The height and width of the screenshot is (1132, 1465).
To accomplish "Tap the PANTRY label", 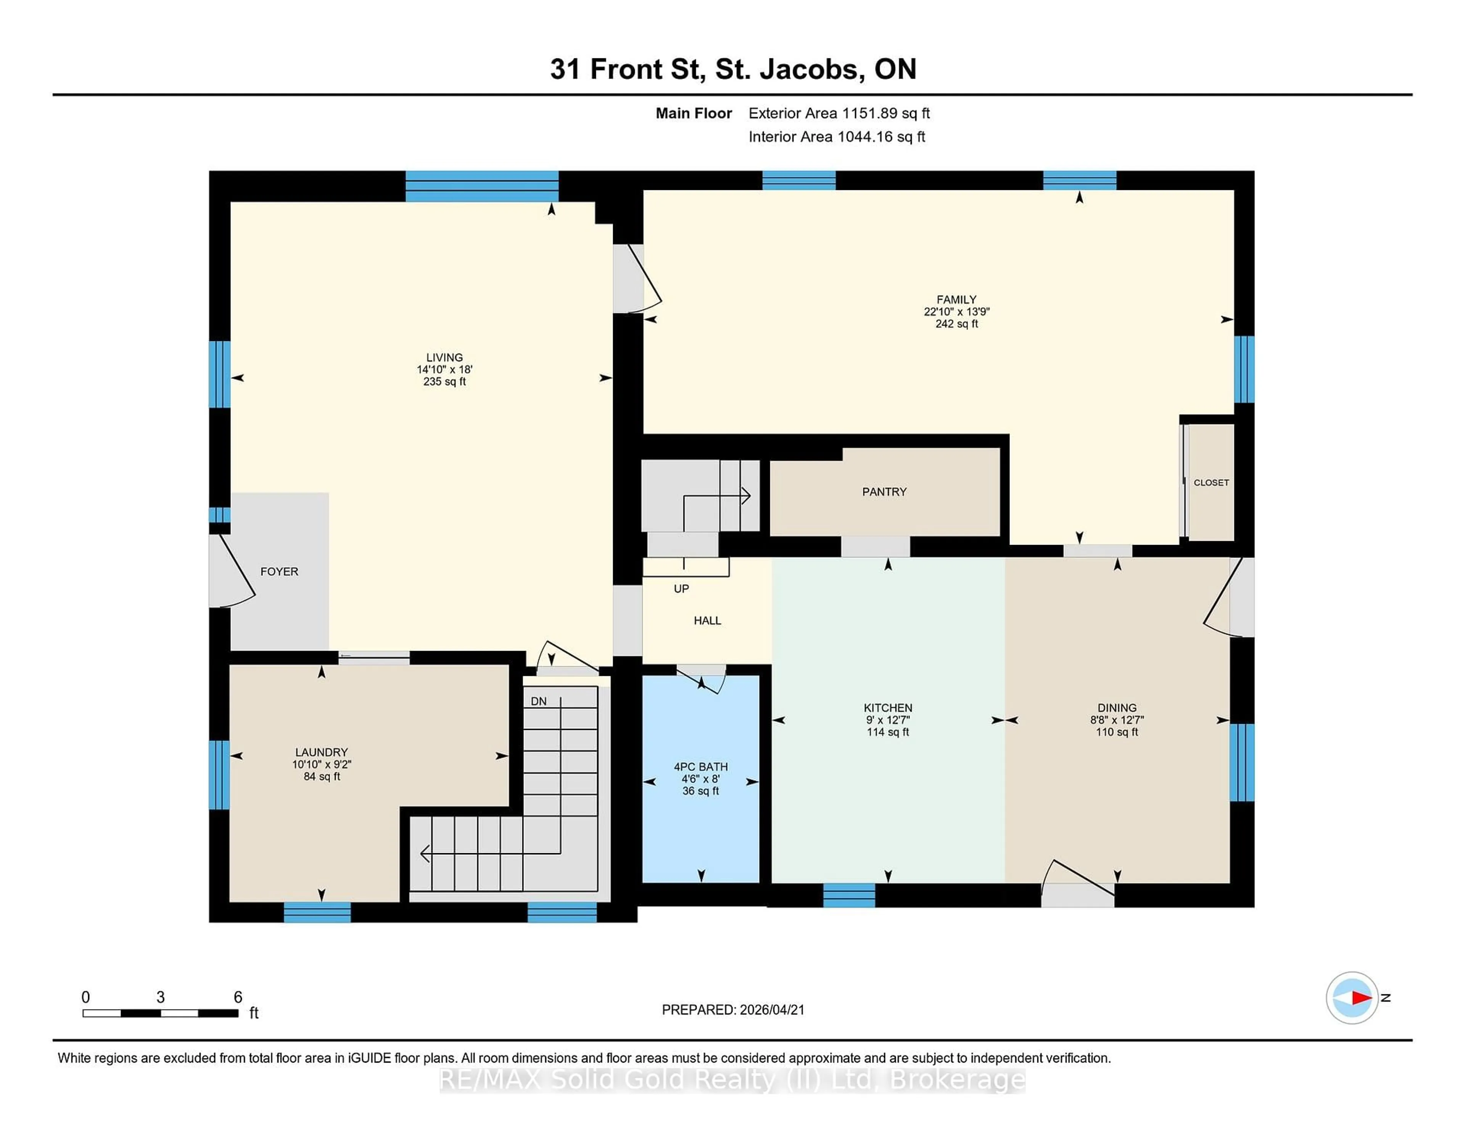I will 884,492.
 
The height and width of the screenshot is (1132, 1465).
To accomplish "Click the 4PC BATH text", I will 700,767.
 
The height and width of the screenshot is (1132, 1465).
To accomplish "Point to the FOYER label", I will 279,571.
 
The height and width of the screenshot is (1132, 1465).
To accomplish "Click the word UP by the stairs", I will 681,589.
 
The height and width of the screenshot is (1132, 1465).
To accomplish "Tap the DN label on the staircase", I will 539,701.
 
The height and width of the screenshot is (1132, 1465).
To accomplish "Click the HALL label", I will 707,620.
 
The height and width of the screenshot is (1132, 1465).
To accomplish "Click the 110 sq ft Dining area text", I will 1117,732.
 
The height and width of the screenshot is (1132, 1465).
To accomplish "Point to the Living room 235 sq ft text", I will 444,381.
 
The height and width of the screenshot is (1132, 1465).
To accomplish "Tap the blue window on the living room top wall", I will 481,186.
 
